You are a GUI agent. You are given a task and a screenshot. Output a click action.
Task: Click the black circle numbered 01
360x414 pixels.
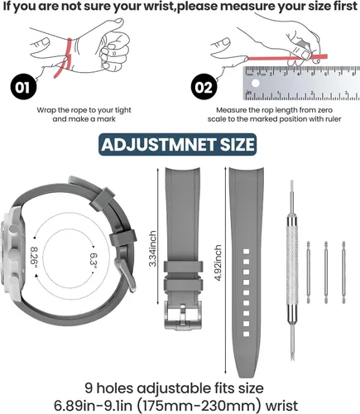click(x=23, y=88)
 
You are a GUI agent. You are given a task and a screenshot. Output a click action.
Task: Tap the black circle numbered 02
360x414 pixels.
click(x=204, y=88)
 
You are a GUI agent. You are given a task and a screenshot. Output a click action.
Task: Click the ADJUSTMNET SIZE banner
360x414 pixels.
click(x=178, y=145)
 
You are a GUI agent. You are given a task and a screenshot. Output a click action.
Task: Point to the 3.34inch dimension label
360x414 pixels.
click(x=152, y=248)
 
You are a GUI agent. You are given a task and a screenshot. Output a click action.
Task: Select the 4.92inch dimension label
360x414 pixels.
click(x=218, y=262)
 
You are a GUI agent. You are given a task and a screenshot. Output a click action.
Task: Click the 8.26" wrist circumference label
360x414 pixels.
click(x=34, y=258)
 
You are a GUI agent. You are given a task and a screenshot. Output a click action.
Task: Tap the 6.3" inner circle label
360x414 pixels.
click(x=94, y=260)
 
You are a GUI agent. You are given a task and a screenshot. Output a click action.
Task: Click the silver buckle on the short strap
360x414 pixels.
click(x=183, y=315)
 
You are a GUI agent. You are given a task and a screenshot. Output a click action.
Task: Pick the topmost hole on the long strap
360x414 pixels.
click(x=246, y=252)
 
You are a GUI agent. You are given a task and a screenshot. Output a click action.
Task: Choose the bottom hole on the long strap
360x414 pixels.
click(x=246, y=335)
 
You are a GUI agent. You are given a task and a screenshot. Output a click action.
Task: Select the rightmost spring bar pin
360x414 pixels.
click(x=343, y=272)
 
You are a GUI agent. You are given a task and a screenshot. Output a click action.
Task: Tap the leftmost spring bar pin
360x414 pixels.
click(x=309, y=272)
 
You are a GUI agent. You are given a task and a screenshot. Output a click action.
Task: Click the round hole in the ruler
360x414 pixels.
click(x=256, y=83)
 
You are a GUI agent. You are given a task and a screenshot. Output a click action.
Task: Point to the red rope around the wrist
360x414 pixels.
click(x=65, y=57)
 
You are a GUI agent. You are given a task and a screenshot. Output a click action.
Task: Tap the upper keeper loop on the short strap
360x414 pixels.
click(x=183, y=267)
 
